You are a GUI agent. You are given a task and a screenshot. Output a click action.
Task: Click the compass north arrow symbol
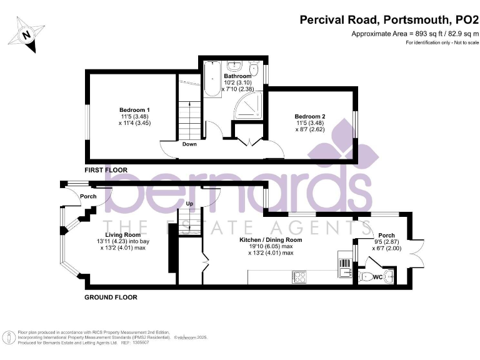pos(25,35)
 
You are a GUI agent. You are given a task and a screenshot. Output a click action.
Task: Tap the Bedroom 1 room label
pos(134,110)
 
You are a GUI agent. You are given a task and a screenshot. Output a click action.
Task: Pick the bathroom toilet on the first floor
pos(254,67)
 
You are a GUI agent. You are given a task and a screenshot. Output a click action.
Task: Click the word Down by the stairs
pos(189,144)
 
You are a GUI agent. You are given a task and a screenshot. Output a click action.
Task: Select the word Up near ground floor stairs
pos(189,204)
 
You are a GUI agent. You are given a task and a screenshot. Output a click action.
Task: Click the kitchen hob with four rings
pos(299,276)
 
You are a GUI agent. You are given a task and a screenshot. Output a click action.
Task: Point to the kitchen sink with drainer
pos(343,265)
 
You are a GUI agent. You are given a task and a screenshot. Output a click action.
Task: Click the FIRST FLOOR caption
pos(106,170)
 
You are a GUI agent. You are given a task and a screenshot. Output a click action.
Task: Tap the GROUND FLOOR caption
pos(111,297)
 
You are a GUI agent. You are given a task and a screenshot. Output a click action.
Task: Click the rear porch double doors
pos(412,254)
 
